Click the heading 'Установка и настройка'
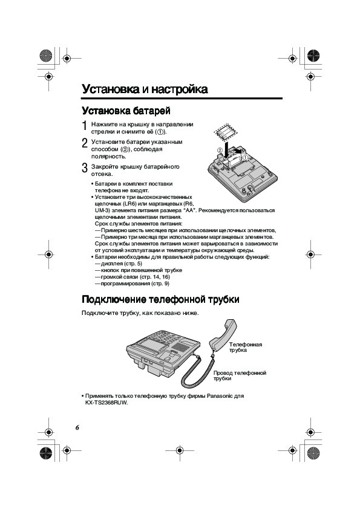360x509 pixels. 145,89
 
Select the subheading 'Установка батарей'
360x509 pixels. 126,111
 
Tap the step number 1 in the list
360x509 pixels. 85,126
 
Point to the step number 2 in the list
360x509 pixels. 85,143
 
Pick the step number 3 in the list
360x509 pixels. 85,168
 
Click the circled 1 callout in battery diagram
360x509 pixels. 246,157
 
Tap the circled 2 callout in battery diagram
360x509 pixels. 220,151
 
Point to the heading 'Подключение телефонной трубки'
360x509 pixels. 160,299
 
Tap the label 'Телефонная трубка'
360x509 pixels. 245,348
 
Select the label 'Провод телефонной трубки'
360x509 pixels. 240,375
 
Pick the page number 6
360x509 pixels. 77,427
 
